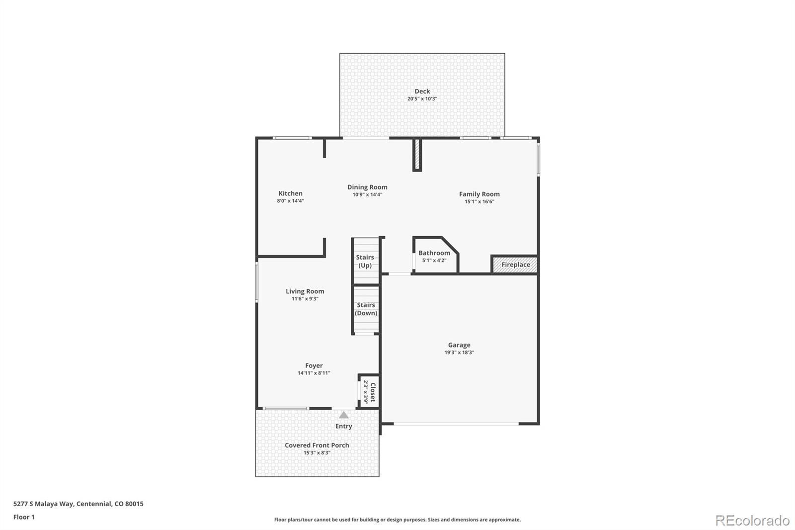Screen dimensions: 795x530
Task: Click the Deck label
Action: (x=422, y=91)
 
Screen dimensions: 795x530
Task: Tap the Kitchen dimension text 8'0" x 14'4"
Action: (x=290, y=201)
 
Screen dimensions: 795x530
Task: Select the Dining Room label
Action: (x=367, y=187)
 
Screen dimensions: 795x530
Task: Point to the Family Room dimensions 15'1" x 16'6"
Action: (x=479, y=201)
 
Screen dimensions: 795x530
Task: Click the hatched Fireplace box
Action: (x=515, y=265)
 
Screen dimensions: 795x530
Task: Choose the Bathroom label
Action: (x=434, y=253)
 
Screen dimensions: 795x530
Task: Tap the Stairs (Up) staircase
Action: (x=366, y=261)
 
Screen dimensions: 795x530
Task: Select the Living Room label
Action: (x=305, y=291)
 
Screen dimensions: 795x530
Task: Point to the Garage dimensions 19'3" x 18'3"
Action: (x=459, y=353)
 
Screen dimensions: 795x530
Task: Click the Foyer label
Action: (x=314, y=365)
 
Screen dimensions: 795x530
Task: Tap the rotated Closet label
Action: (x=373, y=392)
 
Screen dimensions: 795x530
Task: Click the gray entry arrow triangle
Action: (x=343, y=415)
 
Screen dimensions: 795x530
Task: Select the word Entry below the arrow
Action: (x=343, y=426)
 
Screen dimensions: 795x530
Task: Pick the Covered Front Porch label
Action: (x=317, y=445)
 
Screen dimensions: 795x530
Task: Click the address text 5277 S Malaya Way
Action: (x=44, y=504)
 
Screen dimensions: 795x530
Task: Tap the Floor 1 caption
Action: (x=24, y=517)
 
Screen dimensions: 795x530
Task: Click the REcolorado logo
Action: (x=752, y=521)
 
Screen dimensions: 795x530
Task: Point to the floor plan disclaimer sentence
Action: (x=397, y=520)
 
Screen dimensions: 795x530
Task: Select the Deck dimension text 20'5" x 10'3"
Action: (x=422, y=99)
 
